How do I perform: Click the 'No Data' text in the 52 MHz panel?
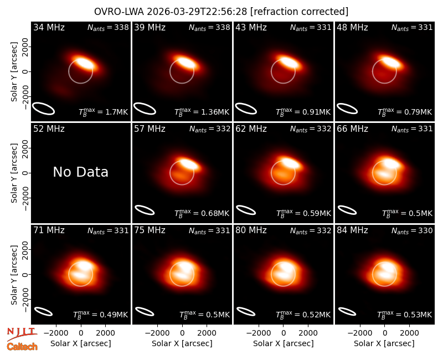pos(80,172)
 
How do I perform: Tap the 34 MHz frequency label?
pos(49,27)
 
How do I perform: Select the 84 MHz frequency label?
pos(352,230)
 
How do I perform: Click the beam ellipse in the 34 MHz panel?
pos(43,109)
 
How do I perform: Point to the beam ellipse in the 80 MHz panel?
pos(246,311)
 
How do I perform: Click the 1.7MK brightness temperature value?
pos(116,112)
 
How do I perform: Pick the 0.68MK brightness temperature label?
pos(215,213)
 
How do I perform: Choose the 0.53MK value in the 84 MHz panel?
pos(418,315)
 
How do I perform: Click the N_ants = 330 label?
pos(412,231)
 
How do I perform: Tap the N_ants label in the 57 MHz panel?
pos(210,129)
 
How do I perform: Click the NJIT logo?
pos(22,333)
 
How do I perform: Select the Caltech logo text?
pos(22,347)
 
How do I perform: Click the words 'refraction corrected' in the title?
pos(299,12)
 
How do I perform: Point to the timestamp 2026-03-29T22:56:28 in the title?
pos(197,12)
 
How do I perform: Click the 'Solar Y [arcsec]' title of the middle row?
pos(14,173)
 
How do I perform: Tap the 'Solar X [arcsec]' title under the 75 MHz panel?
pos(182,343)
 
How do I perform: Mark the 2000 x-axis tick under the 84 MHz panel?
pos(409,333)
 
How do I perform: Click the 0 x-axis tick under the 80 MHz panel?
pos(284,333)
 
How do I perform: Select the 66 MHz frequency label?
pos(352,129)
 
